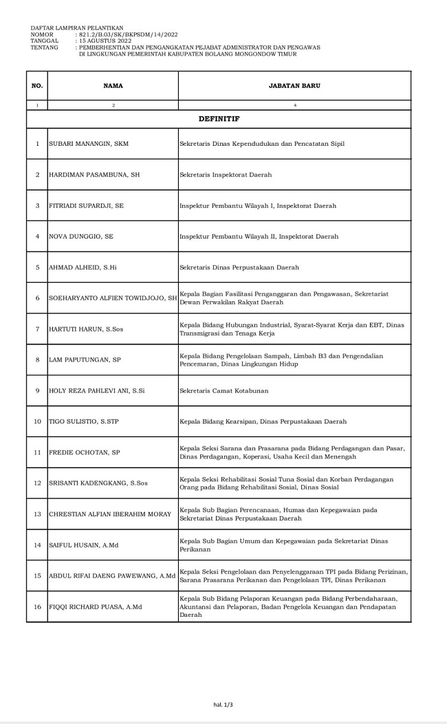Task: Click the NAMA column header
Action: (113, 86)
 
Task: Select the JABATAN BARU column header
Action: (294, 86)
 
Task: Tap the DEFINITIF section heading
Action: (219, 119)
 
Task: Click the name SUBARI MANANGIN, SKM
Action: (89, 144)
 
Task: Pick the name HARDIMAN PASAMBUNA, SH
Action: (94, 175)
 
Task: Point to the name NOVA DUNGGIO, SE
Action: (81, 236)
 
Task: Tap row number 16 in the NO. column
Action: (37, 606)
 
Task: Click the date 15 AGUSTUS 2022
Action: (105, 41)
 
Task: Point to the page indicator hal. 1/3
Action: (223, 703)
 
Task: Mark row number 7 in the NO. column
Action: (37, 329)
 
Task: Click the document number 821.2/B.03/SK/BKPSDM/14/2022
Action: (129, 34)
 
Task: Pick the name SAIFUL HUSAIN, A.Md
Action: (84, 545)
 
